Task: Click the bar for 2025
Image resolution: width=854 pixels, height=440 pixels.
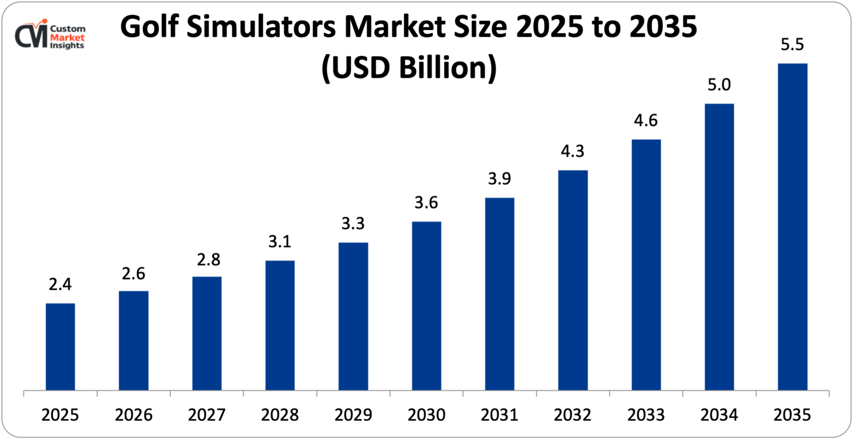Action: [60, 347]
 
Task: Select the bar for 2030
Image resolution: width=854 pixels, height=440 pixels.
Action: [427, 306]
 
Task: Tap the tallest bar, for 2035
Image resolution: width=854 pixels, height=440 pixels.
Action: [793, 227]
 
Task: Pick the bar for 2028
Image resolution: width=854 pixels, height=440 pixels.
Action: [280, 325]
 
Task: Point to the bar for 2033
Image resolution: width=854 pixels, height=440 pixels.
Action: [646, 265]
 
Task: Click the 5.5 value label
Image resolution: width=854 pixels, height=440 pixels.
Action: [792, 45]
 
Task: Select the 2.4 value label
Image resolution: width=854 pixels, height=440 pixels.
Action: [60, 284]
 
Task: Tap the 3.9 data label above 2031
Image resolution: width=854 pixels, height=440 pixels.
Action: [500, 179]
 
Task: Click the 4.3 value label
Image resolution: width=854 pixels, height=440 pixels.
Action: [573, 151]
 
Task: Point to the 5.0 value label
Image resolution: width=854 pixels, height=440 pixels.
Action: [719, 85]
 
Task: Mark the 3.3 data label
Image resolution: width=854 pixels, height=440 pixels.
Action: [353, 224]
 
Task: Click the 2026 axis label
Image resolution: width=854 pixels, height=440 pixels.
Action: [134, 415]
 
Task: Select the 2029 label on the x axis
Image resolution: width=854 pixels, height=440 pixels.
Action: [353, 415]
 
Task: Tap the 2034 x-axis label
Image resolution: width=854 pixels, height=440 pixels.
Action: [719, 415]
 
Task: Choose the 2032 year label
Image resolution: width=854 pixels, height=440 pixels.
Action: [573, 415]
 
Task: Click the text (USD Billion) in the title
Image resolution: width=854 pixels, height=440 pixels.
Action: [409, 67]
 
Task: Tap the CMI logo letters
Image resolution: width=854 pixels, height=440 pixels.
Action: [31, 36]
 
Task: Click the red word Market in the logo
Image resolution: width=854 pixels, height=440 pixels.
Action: [67, 37]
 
